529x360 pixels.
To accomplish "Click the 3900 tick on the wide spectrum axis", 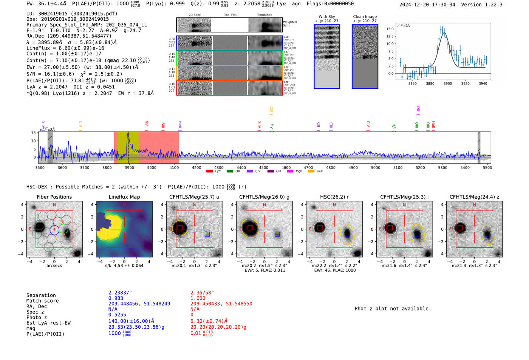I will point(129,167).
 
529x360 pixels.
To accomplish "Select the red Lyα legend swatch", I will point(209,172).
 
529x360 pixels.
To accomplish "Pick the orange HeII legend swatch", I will point(311,172).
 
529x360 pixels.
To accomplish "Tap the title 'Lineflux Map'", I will point(124,197).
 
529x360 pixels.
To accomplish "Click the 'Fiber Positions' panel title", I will point(54,197).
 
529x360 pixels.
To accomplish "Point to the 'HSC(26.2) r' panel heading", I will point(334,197).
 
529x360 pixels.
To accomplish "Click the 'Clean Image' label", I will point(365,17).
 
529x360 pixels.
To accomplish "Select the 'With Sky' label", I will point(326,17).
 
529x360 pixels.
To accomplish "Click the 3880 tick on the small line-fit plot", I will point(430,83).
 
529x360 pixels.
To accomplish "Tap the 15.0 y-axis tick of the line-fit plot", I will point(390,29).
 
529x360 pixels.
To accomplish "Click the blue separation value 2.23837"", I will point(120,293).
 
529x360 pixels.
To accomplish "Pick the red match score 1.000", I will point(198,298).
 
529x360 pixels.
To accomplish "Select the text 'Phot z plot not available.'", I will point(393,309).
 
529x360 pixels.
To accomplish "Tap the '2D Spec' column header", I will point(194,15).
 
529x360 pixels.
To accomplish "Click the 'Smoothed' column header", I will point(264,15).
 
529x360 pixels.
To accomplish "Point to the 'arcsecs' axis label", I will point(54,266).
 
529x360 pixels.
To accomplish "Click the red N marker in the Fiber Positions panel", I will point(54,205).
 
